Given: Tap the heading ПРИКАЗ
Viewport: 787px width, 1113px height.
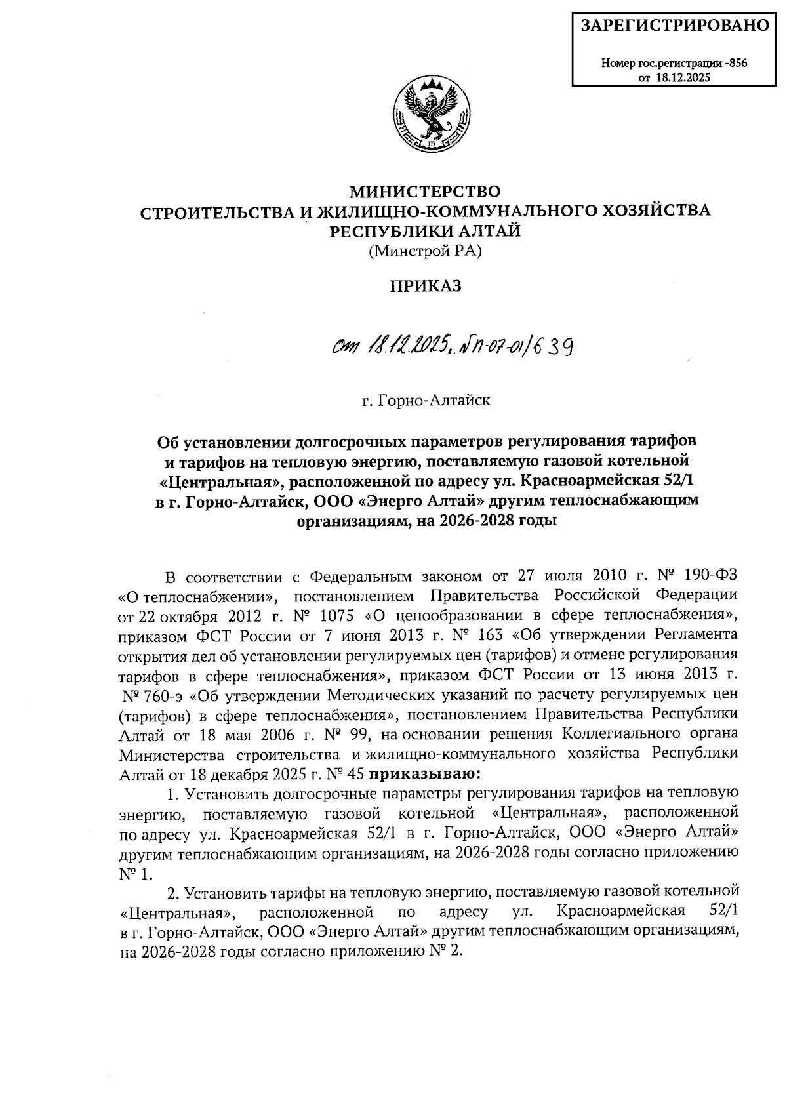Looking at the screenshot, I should point(426,287).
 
